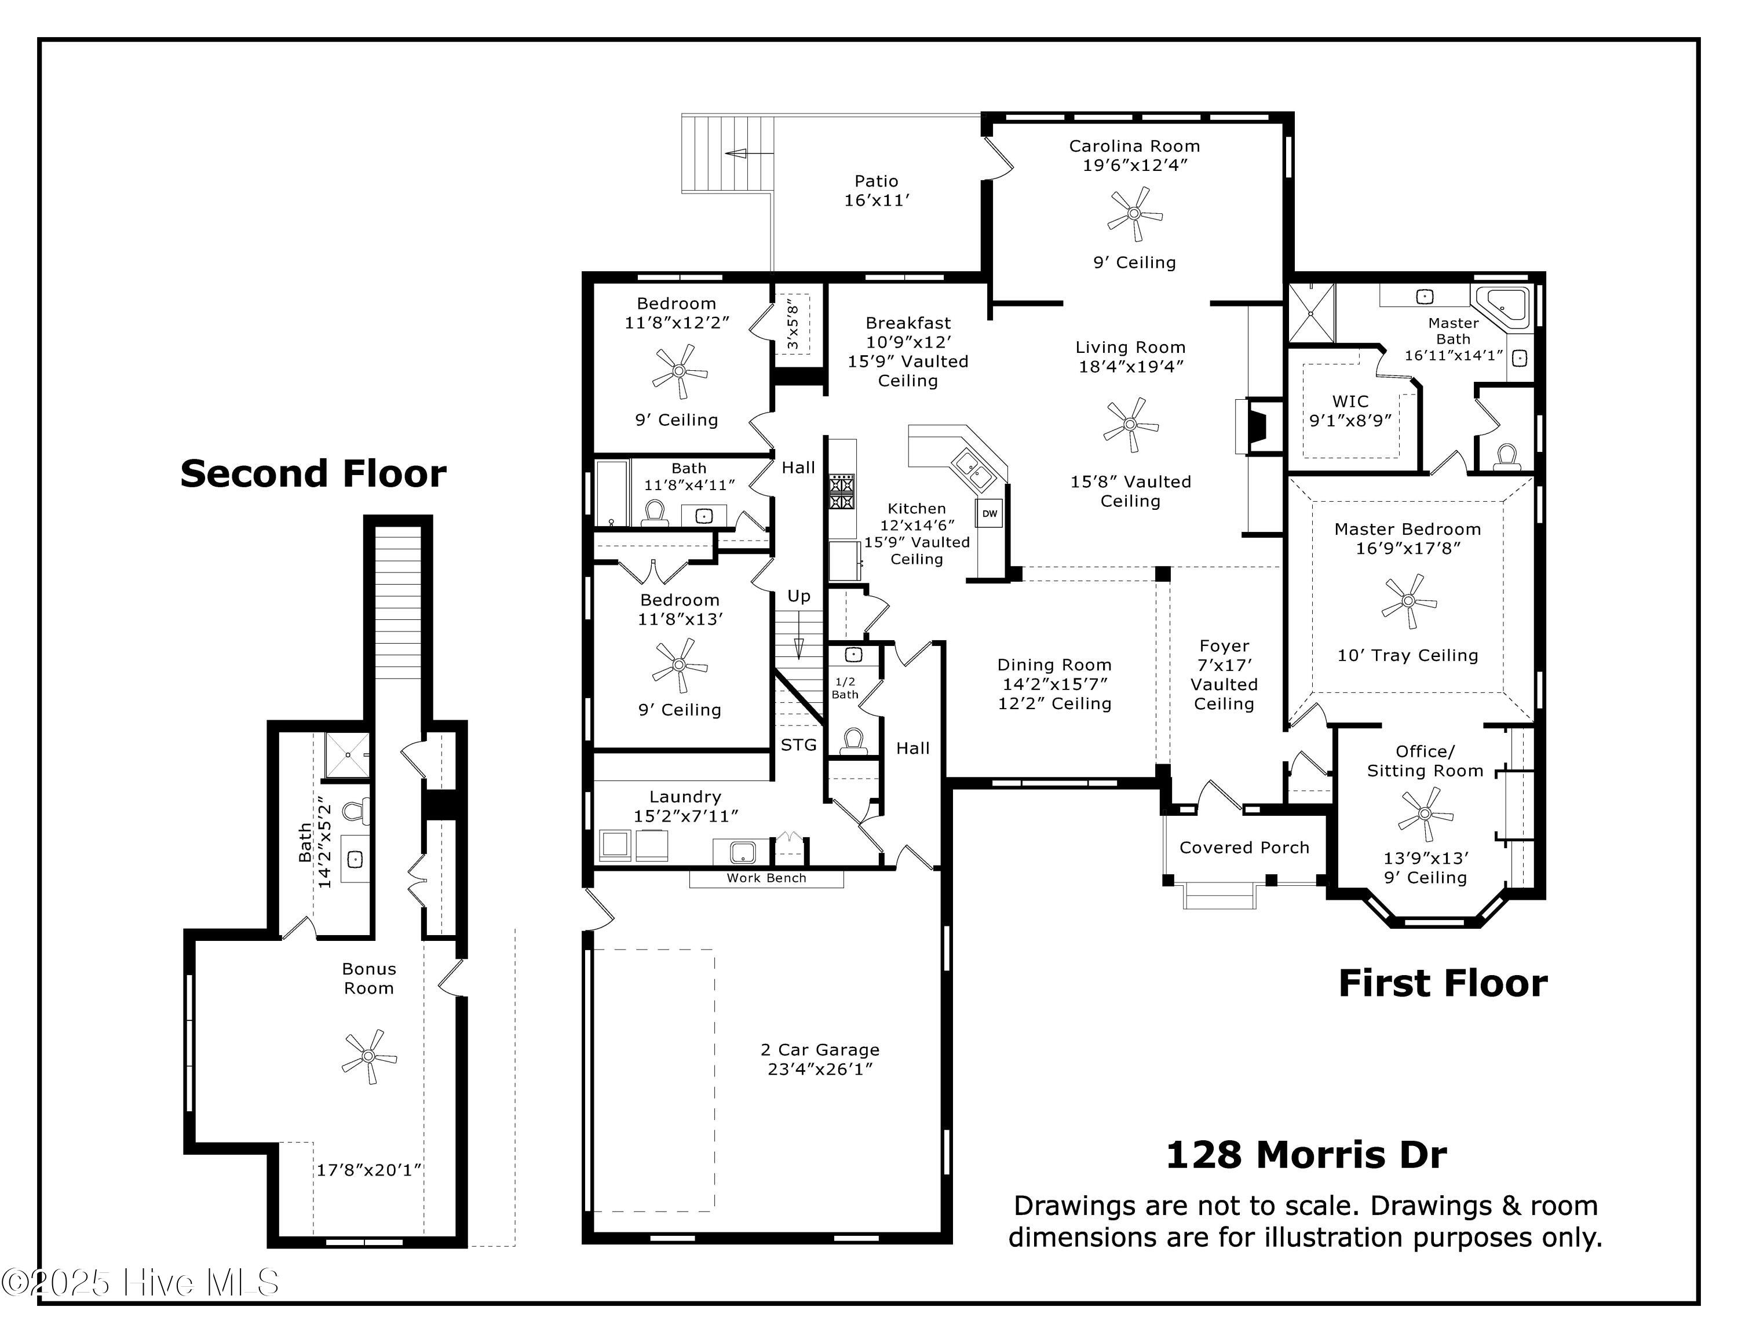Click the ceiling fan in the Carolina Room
(x=1135, y=214)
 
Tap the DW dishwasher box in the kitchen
(x=989, y=513)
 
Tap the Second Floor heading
(x=313, y=473)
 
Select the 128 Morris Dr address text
(x=1305, y=1155)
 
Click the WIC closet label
(x=1350, y=401)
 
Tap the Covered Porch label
(x=1244, y=847)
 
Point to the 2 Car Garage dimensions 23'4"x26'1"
(x=820, y=1068)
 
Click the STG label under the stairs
(x=798, y=745)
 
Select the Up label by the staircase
(x=798, y=596)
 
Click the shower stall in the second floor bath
(x=347, y=755)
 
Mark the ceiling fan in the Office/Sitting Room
(x=1425, y=814)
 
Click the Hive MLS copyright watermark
(x=140, y=1283)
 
